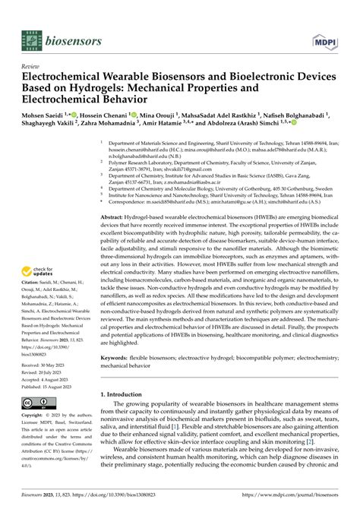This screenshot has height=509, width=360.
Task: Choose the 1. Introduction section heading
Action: coord(129,416)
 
